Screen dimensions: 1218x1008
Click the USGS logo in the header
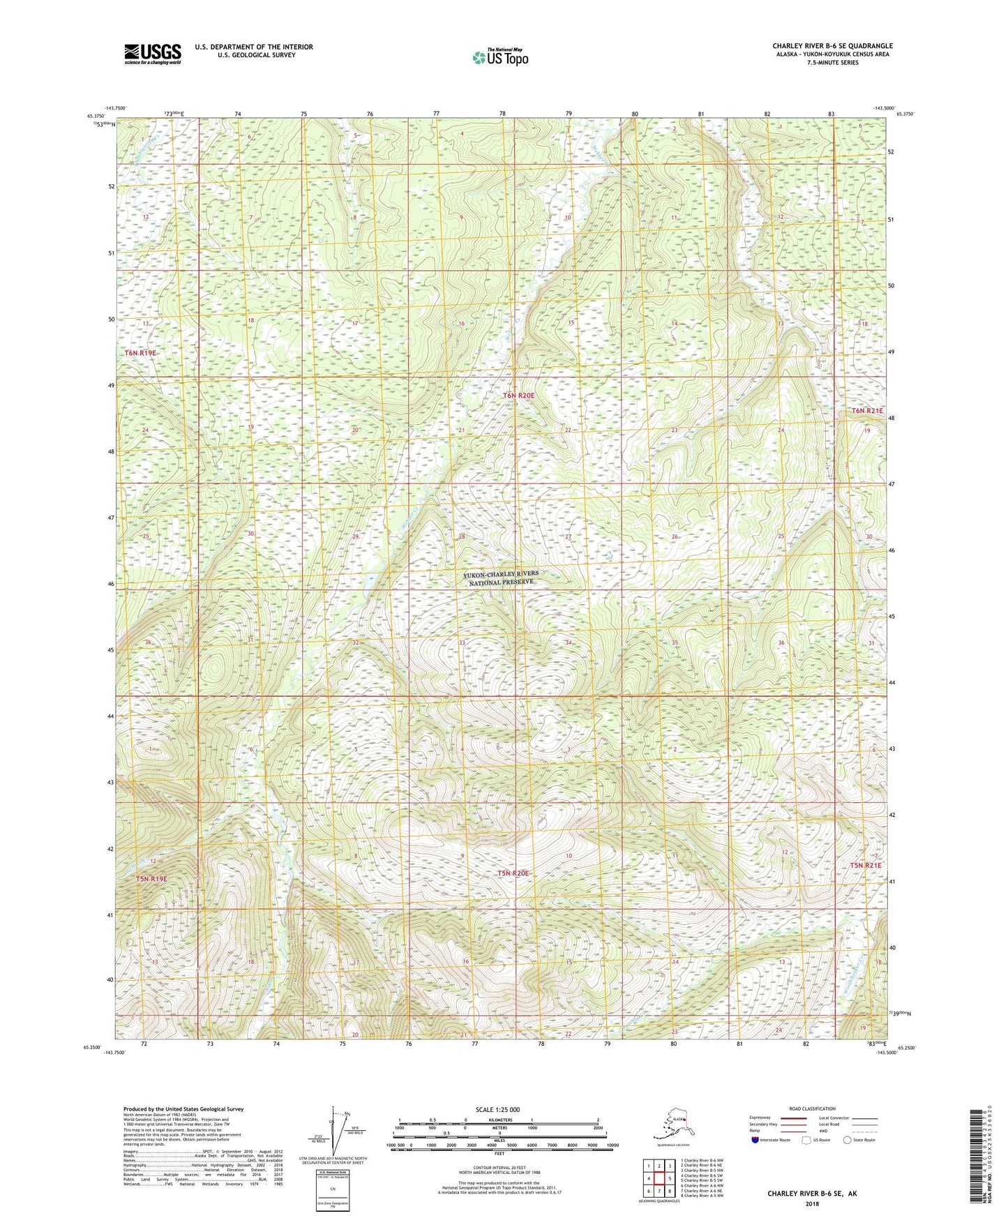tap(152, 54)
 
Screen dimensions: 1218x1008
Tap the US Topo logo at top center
tap(499, 57)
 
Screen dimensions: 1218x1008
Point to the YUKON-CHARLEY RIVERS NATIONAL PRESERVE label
tap(501, 578)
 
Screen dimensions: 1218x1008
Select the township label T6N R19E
tap(140, 353)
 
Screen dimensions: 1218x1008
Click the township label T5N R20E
tap(513, 873)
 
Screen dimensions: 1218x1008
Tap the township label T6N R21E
tap(867, 411)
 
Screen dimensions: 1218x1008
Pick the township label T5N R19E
tap(151, 878)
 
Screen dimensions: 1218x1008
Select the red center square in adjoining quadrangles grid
tap(658, 1178)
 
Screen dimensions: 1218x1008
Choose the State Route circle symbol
tap(848, 1140)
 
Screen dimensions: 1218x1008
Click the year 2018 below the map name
tap(811, 1203)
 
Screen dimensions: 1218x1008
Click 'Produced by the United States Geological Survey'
tap(183, 1108)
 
